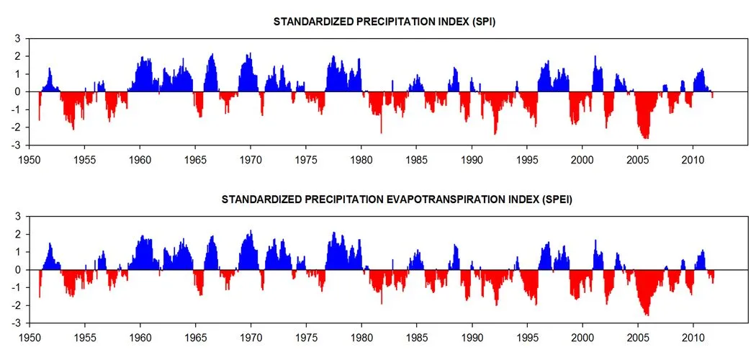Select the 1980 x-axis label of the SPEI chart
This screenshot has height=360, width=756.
(361, 337)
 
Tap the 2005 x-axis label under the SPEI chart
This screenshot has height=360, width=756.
(638, 337)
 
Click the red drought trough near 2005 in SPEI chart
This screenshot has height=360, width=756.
(647, 312)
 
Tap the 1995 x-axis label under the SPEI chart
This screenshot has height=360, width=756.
(527, 337)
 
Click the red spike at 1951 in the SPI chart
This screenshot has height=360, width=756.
(39, 115)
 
